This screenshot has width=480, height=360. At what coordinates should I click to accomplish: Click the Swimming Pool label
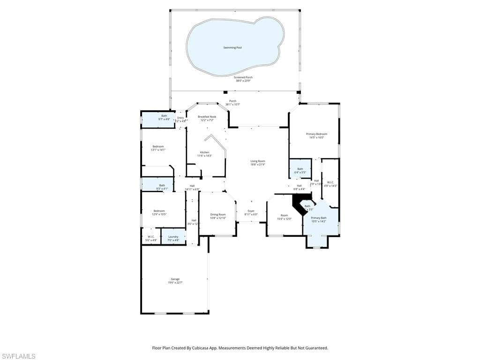point(232,48)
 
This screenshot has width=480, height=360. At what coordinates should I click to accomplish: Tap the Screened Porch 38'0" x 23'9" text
point(243,79)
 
